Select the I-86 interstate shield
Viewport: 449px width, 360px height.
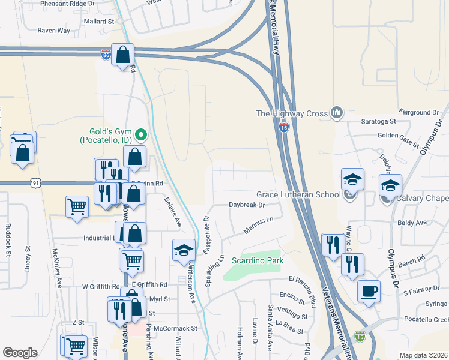tap(106, 55)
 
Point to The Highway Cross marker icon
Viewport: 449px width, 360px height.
tap(336, 112)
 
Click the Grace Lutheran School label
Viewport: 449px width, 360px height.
tap(298, 194)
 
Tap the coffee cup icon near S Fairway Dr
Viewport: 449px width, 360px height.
tap(369, 291)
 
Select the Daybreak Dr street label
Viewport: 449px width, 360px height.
tap(247, 205)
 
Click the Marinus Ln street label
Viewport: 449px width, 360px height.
tap(258, 226)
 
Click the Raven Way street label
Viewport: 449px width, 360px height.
tap(54, 31)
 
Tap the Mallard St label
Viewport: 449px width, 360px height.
tap(99, 21)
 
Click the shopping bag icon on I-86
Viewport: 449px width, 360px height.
tap(122, 55)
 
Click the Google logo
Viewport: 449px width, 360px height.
tap(20, 353)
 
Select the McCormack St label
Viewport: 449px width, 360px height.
tap(175, 328)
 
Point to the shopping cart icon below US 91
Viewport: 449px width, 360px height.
tap(77, 207)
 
